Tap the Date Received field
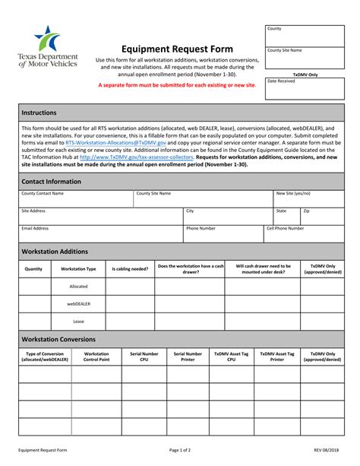pos(303,88)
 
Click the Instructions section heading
pos(39,112)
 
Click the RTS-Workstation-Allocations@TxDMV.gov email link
pos(104,142)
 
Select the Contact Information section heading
pos(51,182)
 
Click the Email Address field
pos(100,233)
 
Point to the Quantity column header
pos(33,268)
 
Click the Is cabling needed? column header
pos(130,268)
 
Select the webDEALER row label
pos(78,303)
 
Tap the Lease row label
pos(78,321)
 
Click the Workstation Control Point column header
pos(96,356)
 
